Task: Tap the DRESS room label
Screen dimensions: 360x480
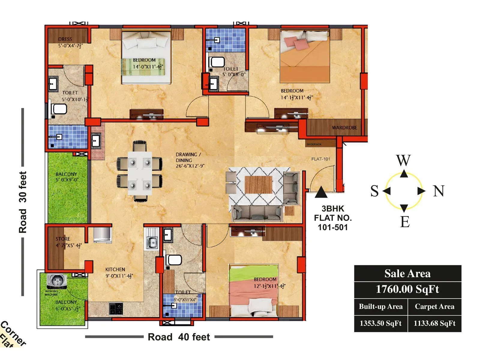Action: (x=65, y=39)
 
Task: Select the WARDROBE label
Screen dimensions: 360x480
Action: (x=344, y=127)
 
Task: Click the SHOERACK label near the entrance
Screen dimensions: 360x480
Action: (x=314, y=144)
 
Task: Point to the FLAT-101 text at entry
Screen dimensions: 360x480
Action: (x=320, y=159)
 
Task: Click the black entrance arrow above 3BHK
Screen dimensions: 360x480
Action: (x=321, y=192)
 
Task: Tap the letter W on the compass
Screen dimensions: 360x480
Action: (x=403, y=160)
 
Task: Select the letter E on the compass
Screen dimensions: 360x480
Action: (x=405, y=222)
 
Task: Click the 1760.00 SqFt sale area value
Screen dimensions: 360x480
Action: (x=407, y=289)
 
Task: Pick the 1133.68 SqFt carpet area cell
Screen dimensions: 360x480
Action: (x=434, y=323)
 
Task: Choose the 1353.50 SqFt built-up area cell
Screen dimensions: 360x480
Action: (x=380, y=323)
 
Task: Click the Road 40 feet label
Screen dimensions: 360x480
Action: (x=179, y=337)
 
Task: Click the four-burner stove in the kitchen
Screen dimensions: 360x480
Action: (x=116, y=308)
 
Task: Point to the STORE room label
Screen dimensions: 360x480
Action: (x=63, y=239)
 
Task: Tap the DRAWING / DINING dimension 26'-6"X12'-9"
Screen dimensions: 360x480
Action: (x=190, y=166)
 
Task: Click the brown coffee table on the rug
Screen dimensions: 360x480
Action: (x=258, y=185)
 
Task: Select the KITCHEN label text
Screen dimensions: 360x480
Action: (x=115, y=269)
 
